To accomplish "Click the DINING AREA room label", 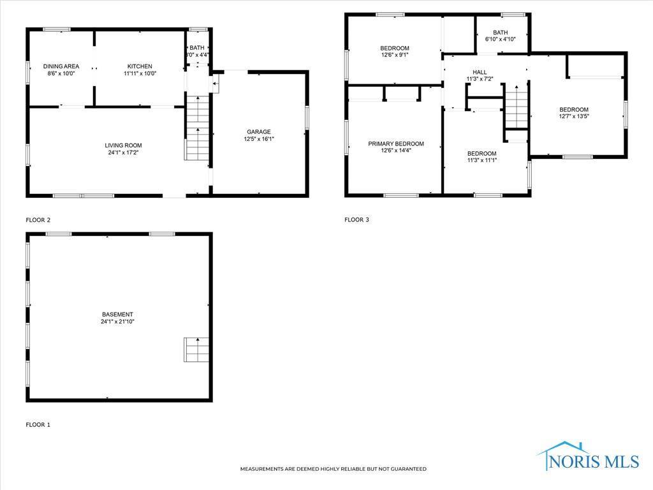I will (61, 66).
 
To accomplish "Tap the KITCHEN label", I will (140, 66).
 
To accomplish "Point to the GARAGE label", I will (259, 132).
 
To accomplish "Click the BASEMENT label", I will (117, 315).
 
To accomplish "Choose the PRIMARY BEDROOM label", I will (395, 144).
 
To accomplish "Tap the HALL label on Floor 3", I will (480, 72).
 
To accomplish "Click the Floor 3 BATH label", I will (500, 33).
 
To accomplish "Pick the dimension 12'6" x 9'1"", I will (395, 55).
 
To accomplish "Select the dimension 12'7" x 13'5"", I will (574, 116).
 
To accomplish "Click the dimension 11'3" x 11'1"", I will (481, 160).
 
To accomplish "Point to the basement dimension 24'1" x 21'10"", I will (117, 322).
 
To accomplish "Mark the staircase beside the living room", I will (198, 128).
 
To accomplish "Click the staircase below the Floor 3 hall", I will (517, 108).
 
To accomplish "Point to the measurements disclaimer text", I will (333, 469).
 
